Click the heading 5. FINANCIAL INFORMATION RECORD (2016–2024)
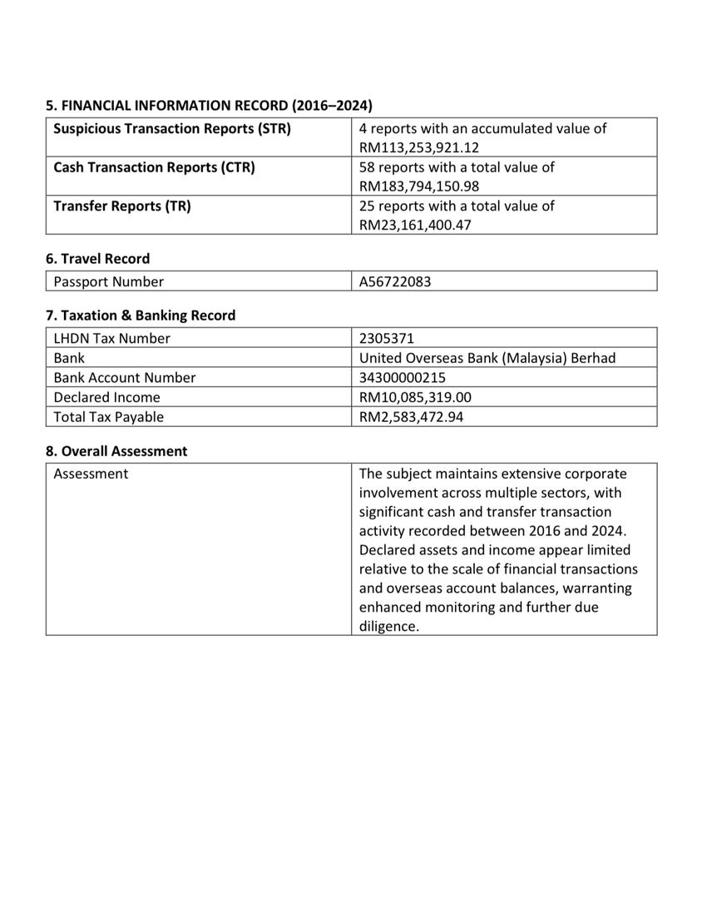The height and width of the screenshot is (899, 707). click(209, 106)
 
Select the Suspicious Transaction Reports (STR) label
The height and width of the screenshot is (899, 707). click(172, 129)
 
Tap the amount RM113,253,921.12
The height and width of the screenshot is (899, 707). click(419, 148)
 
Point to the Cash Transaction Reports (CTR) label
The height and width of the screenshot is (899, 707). click(154, 167)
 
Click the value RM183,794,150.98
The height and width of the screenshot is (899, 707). click(419, 186)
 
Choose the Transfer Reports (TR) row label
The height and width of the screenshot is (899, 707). click(122, 206)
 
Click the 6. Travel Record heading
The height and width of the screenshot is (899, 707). click(98, 259)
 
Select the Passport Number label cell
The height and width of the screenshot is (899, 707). click(109, 281)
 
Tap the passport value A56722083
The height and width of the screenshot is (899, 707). click(395, 281)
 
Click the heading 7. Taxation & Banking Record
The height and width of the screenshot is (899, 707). click(141, 315)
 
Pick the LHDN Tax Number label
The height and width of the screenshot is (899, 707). click(111, 338)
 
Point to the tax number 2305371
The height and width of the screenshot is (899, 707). click(387, 338)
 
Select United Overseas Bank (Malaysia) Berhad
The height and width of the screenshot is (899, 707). click(487, 358)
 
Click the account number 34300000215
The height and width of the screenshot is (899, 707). click(403, 378)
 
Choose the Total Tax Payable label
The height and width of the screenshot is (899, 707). click(109, 417)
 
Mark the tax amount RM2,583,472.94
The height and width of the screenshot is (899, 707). click(412, 417)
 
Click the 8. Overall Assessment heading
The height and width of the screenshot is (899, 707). click(116, 451)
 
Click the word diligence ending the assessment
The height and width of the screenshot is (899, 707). click(388, 627)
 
